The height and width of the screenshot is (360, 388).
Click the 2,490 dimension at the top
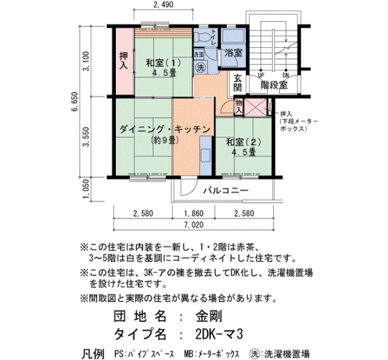164,4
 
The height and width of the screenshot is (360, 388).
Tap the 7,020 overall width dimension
194,225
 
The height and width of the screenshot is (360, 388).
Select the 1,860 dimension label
194,213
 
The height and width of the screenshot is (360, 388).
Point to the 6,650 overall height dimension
75,101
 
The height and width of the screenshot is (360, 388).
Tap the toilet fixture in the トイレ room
202,38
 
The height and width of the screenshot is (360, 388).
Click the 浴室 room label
233,53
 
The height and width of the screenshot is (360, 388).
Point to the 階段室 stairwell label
274,85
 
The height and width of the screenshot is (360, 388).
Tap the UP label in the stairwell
261,75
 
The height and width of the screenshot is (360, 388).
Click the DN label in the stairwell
285,75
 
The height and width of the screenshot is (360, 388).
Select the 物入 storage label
238,106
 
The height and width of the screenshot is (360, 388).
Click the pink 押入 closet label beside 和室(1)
124,61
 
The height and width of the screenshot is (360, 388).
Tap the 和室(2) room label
244,142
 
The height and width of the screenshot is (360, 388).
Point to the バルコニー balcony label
226,191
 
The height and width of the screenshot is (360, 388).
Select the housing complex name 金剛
208,316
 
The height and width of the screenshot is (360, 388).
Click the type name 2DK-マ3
219,335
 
